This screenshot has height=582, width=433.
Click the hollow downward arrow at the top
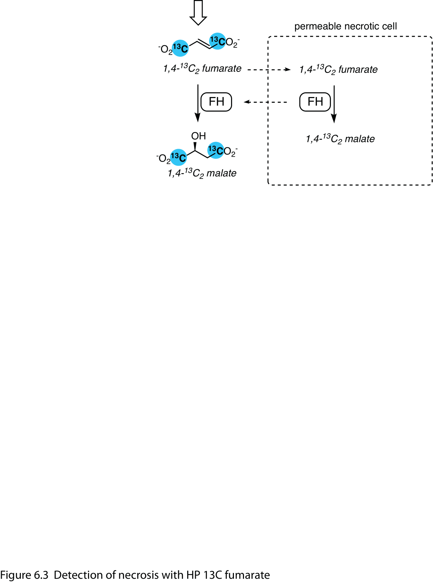pos(198,13)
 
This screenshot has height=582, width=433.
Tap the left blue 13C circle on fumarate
pos(180,48)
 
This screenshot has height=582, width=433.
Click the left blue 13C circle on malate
pos(178,157)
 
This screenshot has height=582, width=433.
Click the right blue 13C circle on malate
pos(216,150)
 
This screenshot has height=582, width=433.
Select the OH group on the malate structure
pos(198,136)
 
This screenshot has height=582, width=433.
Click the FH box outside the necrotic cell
pos(216,102)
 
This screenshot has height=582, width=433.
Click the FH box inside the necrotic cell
pos(315,102)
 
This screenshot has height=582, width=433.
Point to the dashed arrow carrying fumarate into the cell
pos(269,69)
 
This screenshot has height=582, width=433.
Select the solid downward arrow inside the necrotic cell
pos(334,104)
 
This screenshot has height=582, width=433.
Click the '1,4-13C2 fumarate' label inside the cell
pos(338,70)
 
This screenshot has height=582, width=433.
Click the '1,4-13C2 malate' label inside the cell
pos(340,139)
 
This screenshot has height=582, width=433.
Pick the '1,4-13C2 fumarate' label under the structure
pos(202,69)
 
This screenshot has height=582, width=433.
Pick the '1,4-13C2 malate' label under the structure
pos(202,174)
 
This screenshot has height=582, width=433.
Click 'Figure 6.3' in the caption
pos(24,575)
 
